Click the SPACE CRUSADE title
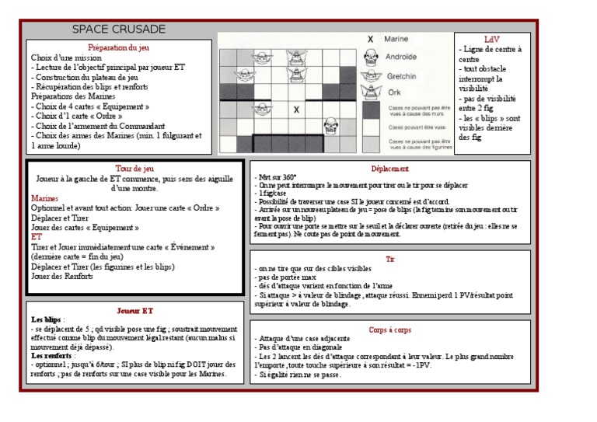tap(119, 30)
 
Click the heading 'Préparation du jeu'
tap(119, 47)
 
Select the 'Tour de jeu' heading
tap(134, 168)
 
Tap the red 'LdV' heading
tap(491, 39)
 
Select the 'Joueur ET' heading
tap(134, 310)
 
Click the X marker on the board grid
tap(296, 110)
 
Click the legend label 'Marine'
tap(396, 39)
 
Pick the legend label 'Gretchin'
tap(401, 76)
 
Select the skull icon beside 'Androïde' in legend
tap(371, 57)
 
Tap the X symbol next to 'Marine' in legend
tap(370, 39)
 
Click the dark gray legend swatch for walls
tap(371, 110)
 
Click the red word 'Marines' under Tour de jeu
tap(45, 199)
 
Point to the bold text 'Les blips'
tap(46, 319)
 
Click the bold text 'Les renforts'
tap(53, 356)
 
